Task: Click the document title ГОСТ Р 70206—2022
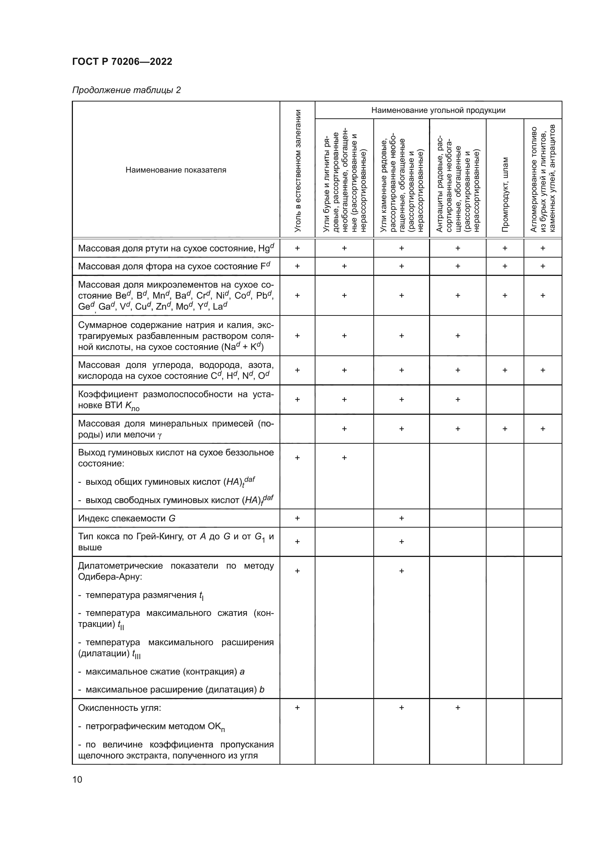click(x=122, y=62)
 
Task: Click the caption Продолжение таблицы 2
click(x=126, y=90)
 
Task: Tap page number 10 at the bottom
click(x=77, y=779)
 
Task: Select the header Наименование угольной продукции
click(x=438, y=110)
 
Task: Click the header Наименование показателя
click(x=176, y=170)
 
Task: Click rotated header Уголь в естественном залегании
click(x=298, y=171)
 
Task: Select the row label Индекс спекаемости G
click(x=126, y=518)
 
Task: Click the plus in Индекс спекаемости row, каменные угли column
click(x=402, y=518)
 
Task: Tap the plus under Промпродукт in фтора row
click(x=505, y=266)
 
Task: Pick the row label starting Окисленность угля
click(x=119, y=708)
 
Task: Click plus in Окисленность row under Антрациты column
click(x=458, y=708)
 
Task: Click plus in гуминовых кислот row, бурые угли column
click(x=344, y=458)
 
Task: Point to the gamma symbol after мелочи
click(x=160, y=435)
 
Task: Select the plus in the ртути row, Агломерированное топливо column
click(x=543, y=248)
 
